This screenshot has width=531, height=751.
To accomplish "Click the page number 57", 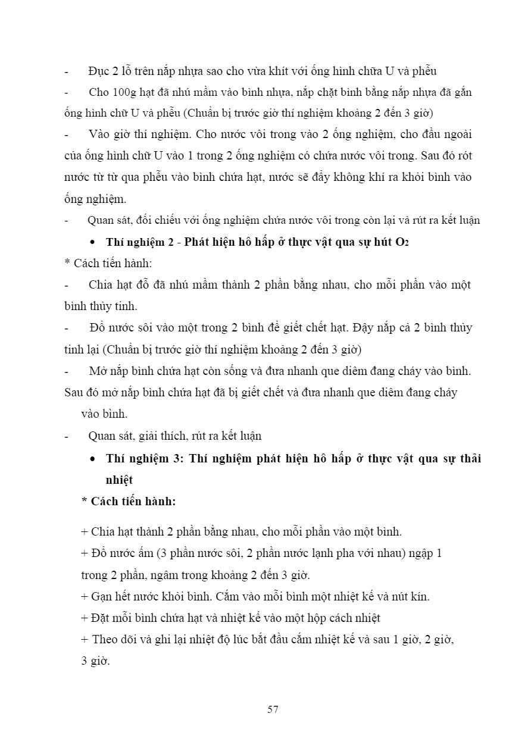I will tap(273, 709).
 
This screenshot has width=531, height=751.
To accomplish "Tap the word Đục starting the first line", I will tap(98, 71).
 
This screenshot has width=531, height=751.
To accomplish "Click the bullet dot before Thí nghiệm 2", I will tap(92, 243).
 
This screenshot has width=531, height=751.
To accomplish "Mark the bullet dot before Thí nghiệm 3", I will tap(92, 459).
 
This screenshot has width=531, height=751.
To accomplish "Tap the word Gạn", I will tap(102, 596).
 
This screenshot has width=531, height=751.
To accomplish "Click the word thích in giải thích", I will tap(171, 436).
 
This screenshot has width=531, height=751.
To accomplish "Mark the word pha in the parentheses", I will tap(377, 553).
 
